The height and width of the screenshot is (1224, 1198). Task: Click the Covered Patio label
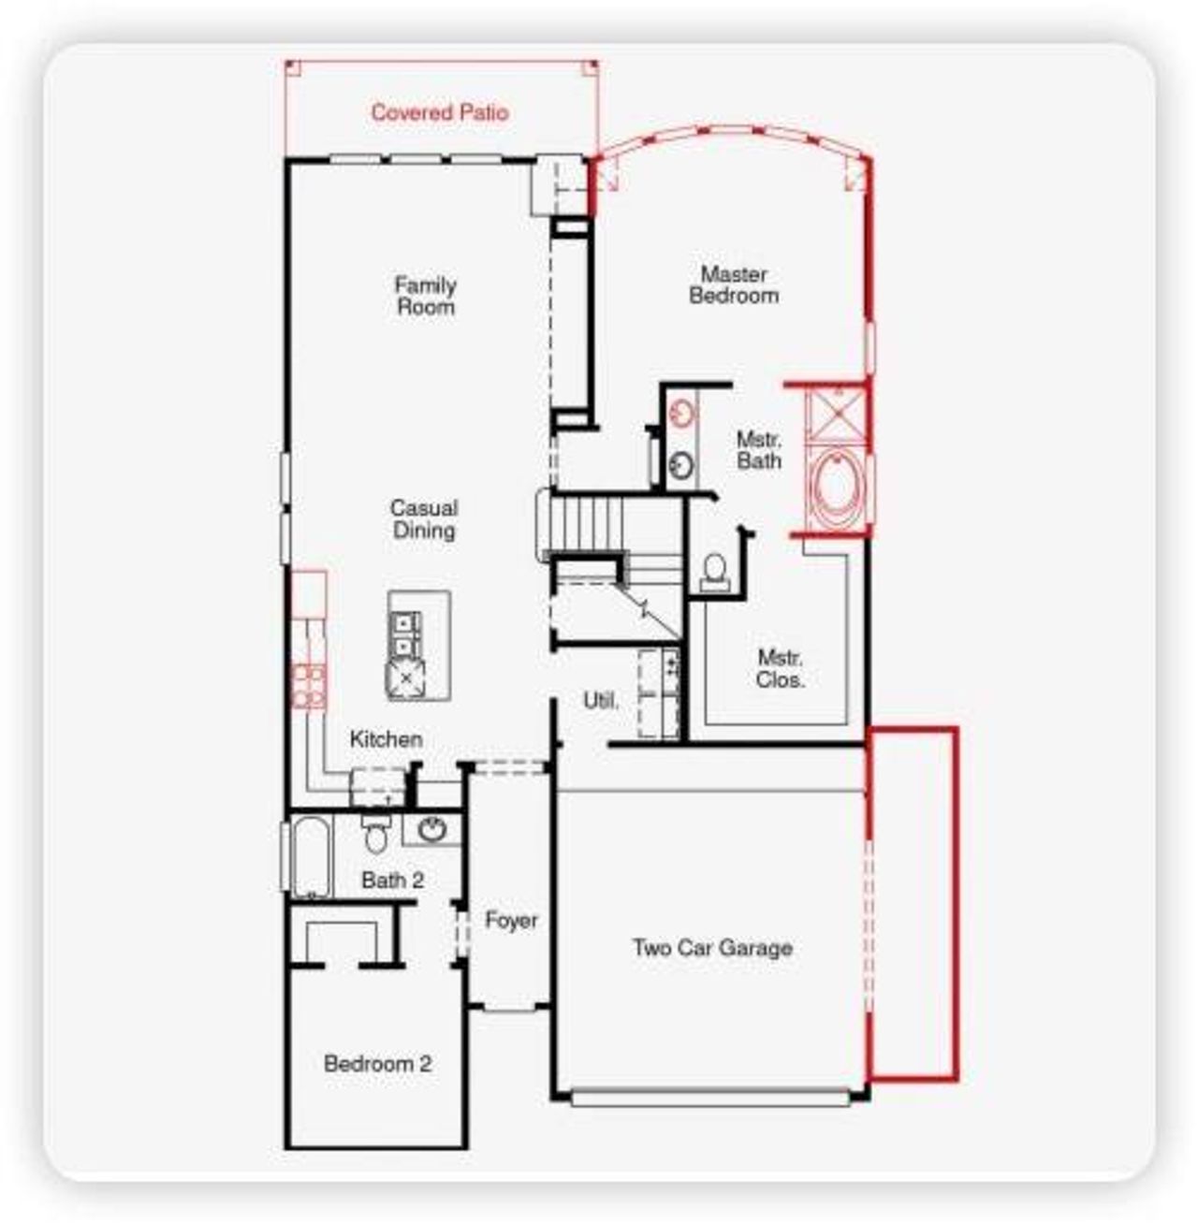(439, 112)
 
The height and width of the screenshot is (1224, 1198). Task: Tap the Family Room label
(425, 296)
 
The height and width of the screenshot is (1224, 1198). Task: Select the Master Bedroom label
(734, 284)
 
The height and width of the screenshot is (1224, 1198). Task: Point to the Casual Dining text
(424, 519)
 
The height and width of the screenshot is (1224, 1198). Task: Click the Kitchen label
(386, 739)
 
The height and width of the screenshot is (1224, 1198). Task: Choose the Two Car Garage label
(712, 948)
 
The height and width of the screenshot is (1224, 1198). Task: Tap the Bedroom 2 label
(377, 1064)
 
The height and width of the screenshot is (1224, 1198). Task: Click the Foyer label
(511, 921)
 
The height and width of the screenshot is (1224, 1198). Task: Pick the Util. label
(600, 700)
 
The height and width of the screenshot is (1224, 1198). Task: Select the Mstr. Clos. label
(780, 668)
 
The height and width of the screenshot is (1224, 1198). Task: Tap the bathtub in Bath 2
(310, 857)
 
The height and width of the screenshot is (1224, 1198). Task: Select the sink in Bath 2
(432, 829)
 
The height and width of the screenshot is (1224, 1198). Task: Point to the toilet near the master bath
(715, 572)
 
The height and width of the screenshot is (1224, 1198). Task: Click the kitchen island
(418, 645)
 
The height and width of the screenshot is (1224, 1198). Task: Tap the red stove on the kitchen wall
(308, 686)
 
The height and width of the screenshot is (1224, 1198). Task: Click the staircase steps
(588, 526)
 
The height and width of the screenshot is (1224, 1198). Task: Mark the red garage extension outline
(913, 903)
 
